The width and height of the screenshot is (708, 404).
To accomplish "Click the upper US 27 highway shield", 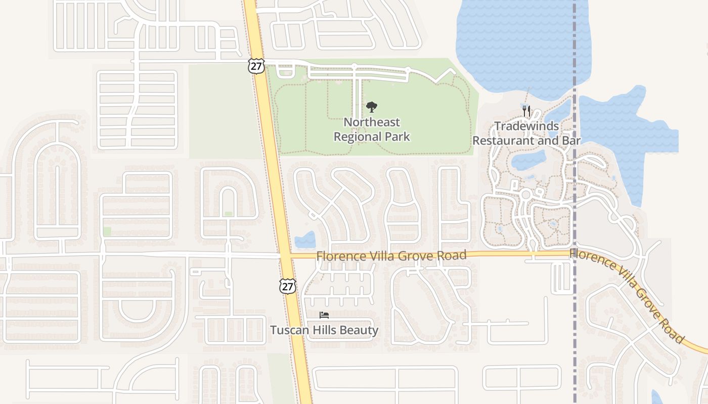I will click(256, 65).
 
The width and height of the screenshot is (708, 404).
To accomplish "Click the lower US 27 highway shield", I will click(287, 286).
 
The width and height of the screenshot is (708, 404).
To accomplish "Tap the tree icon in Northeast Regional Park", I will click(372, 107).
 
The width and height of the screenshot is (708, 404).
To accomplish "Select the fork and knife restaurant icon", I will click(526, 111).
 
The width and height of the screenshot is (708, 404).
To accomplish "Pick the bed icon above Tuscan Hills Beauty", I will click(324, 315).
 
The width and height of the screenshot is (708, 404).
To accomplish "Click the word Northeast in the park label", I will click(372, 122).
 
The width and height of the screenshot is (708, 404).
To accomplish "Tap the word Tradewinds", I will click(526, 126).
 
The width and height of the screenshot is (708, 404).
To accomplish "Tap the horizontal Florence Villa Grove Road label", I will click(391, 256).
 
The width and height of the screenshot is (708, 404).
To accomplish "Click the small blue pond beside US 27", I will click(305, 240).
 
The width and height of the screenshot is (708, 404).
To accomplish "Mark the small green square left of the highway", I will click(107, 231).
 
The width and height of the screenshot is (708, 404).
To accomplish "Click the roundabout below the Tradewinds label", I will click(525, 194).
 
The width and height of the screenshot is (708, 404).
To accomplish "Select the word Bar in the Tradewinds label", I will click(571, 140).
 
